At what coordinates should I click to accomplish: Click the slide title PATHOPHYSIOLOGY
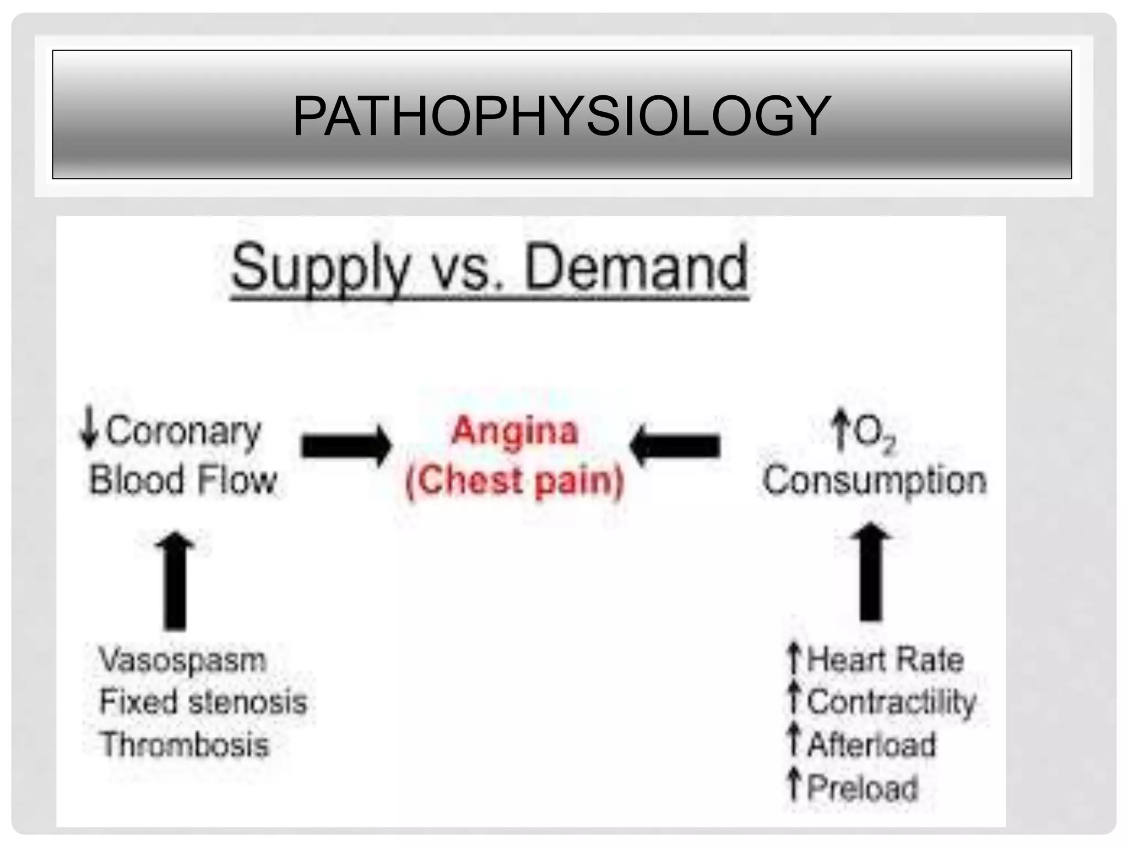pos(561,116)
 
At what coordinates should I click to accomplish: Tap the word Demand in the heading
pos(637,268)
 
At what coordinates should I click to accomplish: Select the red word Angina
pos(514,431)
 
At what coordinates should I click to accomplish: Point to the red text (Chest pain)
pos(514,480)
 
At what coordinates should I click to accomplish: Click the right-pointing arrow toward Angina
pos(346,446)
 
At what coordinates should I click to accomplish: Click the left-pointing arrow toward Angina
pos(675,446)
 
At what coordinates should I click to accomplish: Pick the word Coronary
pos(183,432)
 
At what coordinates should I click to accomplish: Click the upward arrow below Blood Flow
pos(175,581)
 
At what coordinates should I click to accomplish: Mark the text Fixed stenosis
pos(203,702)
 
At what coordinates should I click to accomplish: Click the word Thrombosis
pos(185,745)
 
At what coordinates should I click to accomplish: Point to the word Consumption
pos(875,480)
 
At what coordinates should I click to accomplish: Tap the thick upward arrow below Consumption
pos(871,573)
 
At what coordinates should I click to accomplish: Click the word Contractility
pos(891,702)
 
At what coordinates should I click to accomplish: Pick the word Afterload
pos(871,745)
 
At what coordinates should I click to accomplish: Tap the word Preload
pos(863,788)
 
